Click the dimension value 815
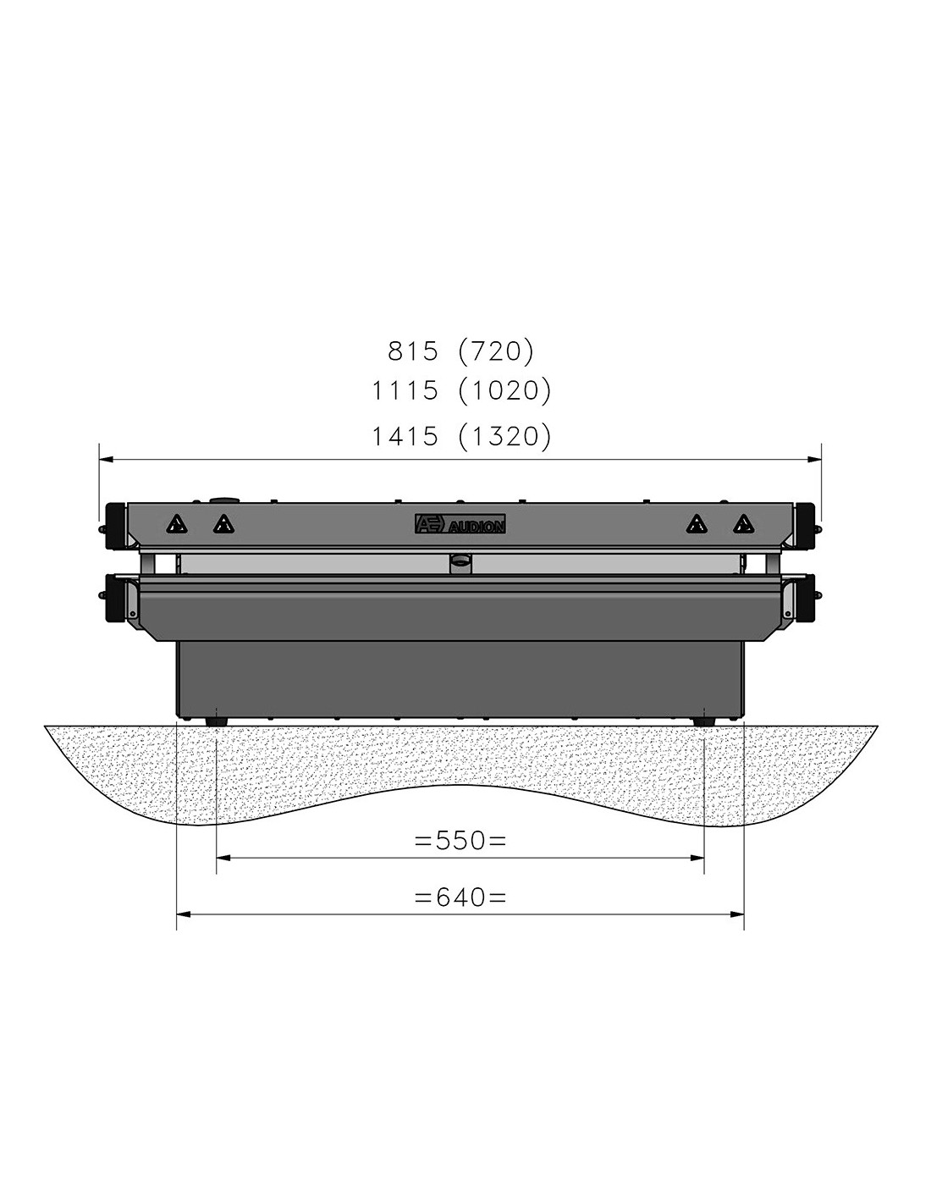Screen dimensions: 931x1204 (413, 351)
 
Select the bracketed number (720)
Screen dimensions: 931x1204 (496, 351)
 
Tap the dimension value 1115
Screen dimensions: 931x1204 (405, 391)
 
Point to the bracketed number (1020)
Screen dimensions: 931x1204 (504, 391)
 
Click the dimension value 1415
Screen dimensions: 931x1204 (405, 436)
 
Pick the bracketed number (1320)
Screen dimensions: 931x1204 (504, 436)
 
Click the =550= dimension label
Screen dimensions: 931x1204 (460, 841)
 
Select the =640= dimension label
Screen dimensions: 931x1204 (460, 897)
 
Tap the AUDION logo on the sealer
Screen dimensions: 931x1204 (460, 523)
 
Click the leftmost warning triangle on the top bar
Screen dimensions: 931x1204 (177, 523)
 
